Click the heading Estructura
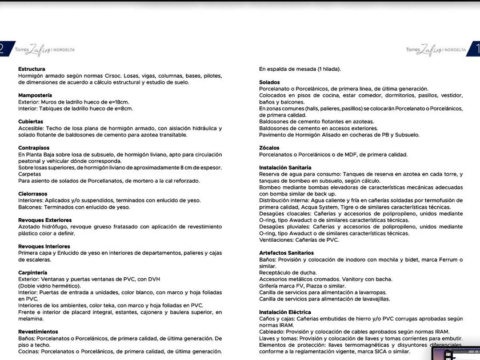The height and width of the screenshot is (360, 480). click(x=31, y=69)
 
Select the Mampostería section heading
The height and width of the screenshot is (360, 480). click(x=35, y=95)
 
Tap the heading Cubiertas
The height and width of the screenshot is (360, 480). click(x=30, y=122)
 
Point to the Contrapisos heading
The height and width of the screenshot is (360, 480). click(x=34, y=147)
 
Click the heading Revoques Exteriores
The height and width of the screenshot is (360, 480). click(x=45, y=220)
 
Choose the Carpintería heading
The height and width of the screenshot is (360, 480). click(x=33, y=273)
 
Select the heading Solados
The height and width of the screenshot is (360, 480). click(x=270, y=82)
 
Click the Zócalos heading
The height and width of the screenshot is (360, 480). click(x=269, y=147)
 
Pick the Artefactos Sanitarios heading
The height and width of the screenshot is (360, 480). click(x=286, y=253)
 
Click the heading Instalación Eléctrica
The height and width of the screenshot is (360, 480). click(x=285, y=312)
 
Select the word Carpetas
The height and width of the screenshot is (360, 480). click(x=30, y=174)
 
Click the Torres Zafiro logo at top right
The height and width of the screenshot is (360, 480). click(x=435, y=50)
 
